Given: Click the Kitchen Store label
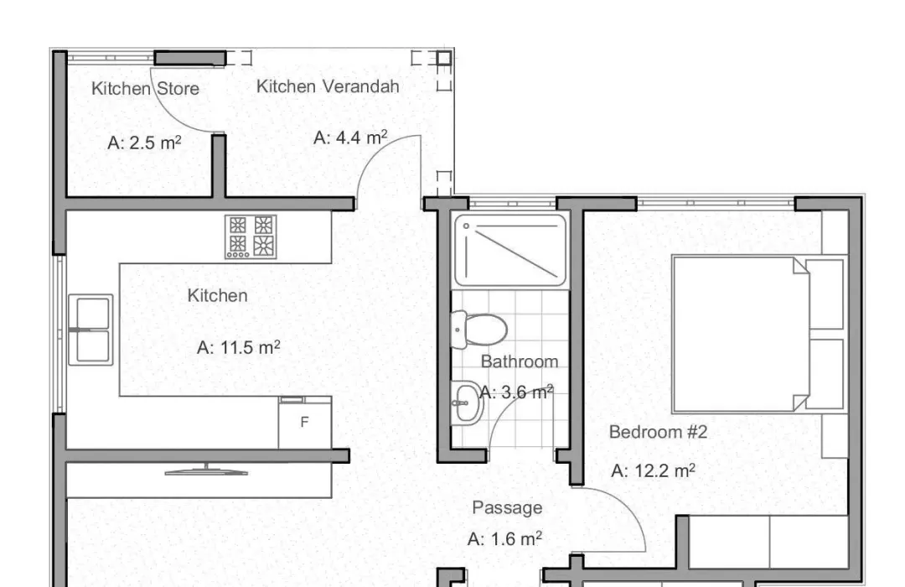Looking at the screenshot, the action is click(146, 88).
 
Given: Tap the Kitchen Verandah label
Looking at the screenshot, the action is click(328, 86).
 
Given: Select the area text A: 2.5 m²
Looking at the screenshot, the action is click(144, 142).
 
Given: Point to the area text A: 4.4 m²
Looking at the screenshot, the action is click(350, 138).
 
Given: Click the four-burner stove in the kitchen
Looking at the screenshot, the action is click(251, 236).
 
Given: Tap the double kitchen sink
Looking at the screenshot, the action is click(90, 330).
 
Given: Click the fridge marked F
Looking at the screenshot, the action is click(305, 423).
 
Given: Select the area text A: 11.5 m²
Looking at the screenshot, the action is click(238, 347).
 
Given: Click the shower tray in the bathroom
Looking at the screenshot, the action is click(510, 250).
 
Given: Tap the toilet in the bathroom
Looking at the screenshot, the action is click(478, 330).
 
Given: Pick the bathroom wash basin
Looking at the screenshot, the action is click(467, 403).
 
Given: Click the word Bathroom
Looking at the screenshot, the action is click(520, 361).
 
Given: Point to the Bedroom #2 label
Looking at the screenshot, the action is click(658, 432).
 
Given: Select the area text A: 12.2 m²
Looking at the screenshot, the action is click(653, 471).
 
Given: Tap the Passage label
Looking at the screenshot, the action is click(507, 508).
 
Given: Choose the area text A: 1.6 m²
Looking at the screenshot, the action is click(504, 539).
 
